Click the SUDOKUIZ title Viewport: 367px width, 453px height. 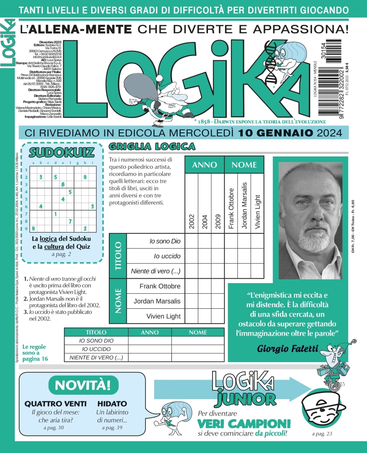pos(62,153)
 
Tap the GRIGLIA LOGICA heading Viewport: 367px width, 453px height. pos(152,146)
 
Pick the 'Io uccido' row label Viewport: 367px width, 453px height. pos(167,256)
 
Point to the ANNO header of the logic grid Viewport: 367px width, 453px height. pos(204,165)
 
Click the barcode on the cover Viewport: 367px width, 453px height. pos(329,77)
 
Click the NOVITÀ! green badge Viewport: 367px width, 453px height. pos(83,385)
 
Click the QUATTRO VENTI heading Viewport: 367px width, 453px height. pos(55,403)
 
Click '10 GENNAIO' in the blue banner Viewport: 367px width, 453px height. pos(276,132)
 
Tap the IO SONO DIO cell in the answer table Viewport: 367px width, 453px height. pos(96,341)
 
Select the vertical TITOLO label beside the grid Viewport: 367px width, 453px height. pos(118,256)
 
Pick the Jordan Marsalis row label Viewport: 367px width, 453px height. pos(157,301)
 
